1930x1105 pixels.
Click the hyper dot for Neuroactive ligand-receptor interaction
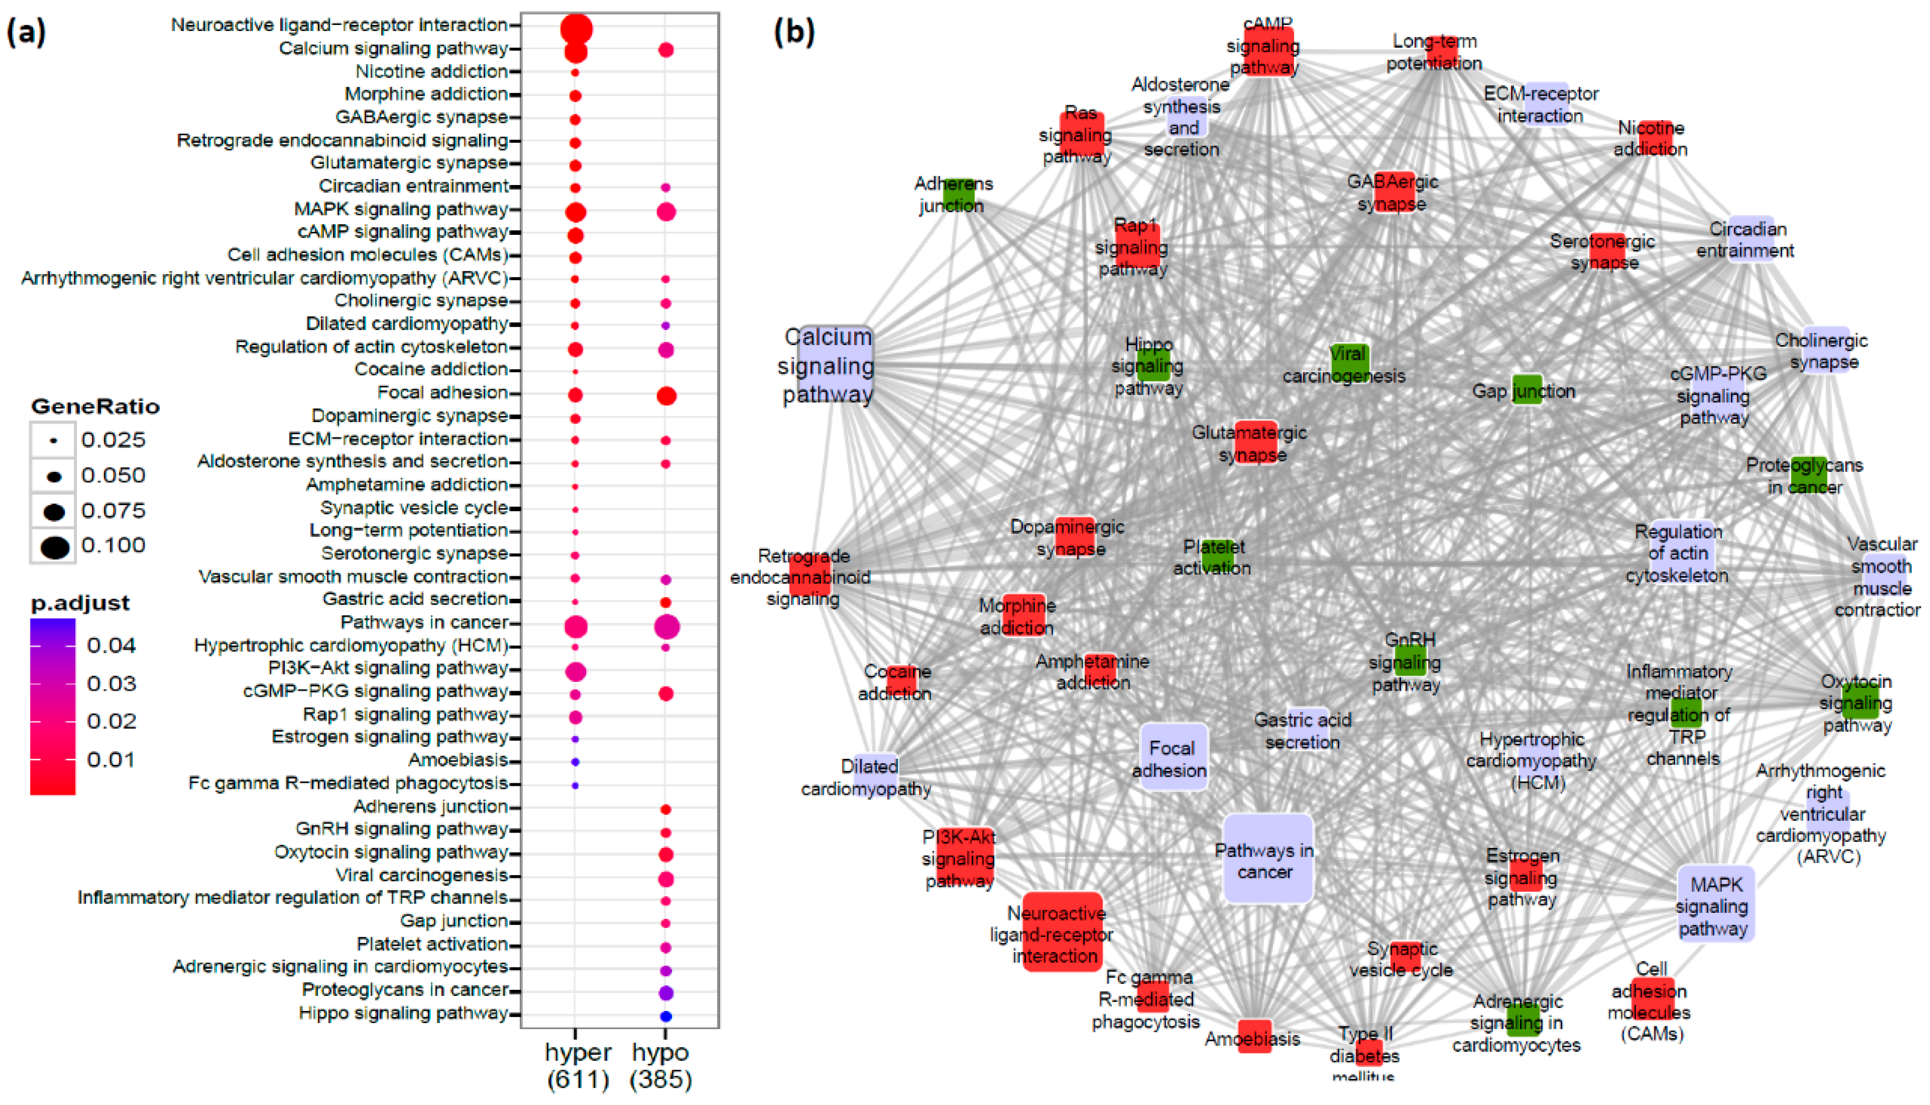[576, 29]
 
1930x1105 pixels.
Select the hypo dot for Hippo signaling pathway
[666, 1015]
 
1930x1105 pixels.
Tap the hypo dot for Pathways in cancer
[666, 627]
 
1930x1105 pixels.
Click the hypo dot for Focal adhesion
[666, 395]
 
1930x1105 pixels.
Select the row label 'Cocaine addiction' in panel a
[431, 369]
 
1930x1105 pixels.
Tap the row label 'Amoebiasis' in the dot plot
[458, 760]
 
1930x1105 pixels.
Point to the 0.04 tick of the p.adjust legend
[111, 646]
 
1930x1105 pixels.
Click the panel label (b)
[793, 32]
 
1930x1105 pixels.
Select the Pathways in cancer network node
[1267, 859]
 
